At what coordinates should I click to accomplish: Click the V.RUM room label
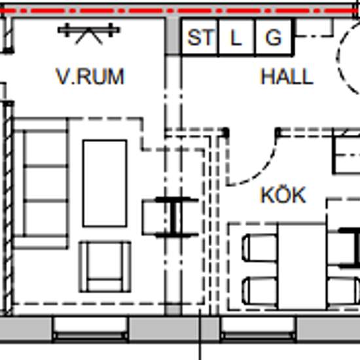90,77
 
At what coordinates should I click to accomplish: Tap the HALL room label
287,77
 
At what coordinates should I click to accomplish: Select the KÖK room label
283,195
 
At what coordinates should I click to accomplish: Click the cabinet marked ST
200,37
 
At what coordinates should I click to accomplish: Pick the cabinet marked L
237,37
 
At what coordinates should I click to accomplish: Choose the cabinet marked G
274,37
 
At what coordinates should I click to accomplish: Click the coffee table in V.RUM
105,183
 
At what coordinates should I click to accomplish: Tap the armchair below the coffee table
105,267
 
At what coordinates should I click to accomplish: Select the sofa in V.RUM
41,183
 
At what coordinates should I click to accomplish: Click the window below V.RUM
90,330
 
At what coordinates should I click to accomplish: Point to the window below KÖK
258,330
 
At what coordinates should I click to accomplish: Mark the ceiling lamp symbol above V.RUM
89,33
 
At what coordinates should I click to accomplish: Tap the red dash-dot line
180,10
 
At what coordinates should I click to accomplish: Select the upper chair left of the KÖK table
260,248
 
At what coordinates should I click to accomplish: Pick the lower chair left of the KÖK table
260,291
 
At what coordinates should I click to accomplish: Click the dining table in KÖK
302,266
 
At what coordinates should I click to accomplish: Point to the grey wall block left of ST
173,35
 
